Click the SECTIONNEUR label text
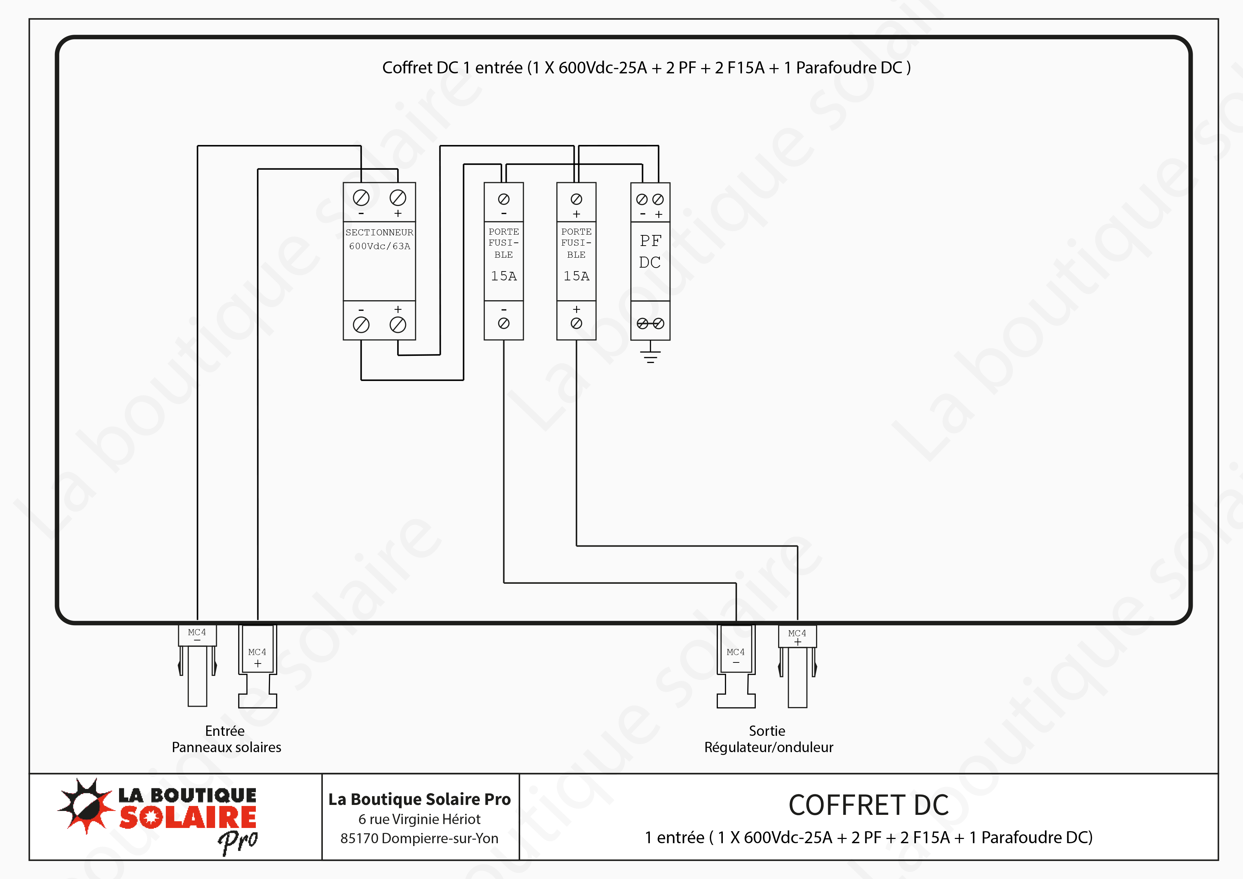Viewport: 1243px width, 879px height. coord(379,233)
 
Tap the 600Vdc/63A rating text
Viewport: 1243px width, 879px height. coord(379,246)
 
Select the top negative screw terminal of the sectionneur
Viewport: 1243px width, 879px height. coord(361,198)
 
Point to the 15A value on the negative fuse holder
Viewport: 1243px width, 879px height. coord(504,276)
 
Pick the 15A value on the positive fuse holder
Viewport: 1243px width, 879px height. coord(576,276)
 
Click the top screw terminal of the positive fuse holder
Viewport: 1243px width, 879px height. coord(576,199)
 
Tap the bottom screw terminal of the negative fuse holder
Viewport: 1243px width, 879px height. coord(504,323)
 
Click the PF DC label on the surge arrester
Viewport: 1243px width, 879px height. coord(650,251)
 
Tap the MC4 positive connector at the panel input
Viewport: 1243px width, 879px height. coord(258,666)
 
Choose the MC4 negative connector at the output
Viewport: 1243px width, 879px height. coord(736,666)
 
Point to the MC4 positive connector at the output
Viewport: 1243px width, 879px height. coord(798,666)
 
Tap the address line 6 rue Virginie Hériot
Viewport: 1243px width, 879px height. coord(419,819)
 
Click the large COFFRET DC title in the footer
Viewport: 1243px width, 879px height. coord(868,805)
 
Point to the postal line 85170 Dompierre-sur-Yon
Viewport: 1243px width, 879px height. coord(419,838)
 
